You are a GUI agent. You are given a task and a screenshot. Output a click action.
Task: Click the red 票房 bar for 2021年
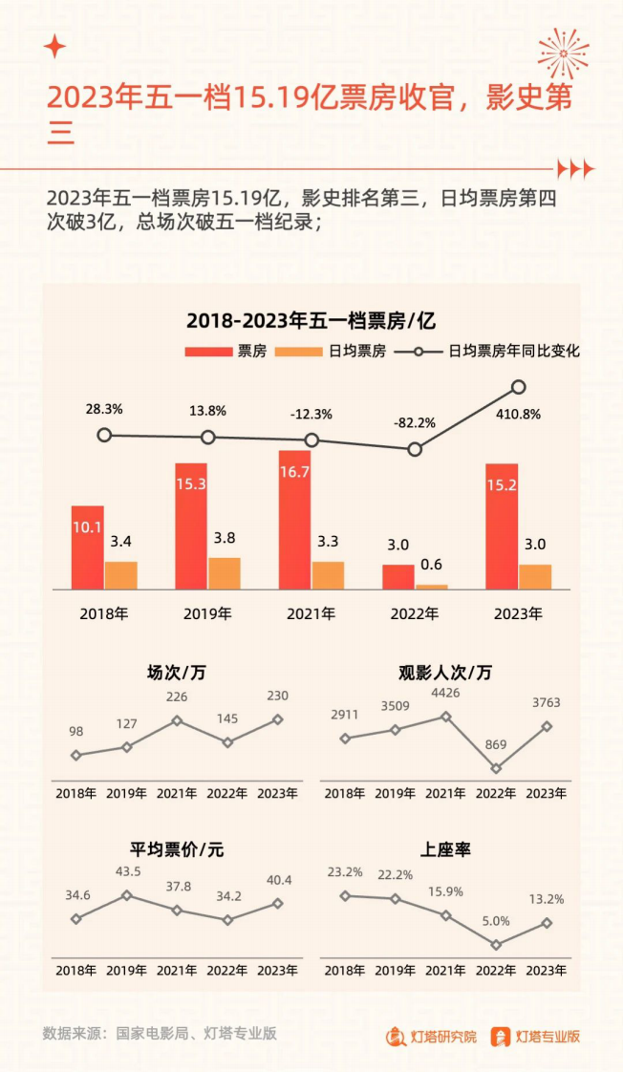pyautogui.click(x=294, y=520)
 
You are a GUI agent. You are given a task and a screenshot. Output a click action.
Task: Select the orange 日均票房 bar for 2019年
pyautogui.click(x=224, y=573)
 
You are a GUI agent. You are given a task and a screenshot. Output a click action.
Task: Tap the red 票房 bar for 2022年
pyautogui.click(x=398, y=577)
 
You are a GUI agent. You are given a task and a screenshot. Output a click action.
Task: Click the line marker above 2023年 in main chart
pyautogui.click(x=519, y=387)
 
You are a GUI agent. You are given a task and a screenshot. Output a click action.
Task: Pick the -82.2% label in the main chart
pyautogui.click(x=415, y=421)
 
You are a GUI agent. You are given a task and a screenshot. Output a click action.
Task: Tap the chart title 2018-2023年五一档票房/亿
pyautogui.click(x=311, y=320)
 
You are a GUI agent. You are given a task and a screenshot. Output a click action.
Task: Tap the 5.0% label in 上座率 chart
pyautogui.click(x=496, y=921)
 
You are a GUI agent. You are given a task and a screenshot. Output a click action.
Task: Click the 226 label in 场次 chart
pyautogui.click(x=177, y=697)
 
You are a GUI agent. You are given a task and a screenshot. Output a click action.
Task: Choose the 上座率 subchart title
pyautogui.click(x=445, y=848)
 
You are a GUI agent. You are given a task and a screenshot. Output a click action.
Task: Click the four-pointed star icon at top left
pyautogui.click(x=55, y=46)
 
